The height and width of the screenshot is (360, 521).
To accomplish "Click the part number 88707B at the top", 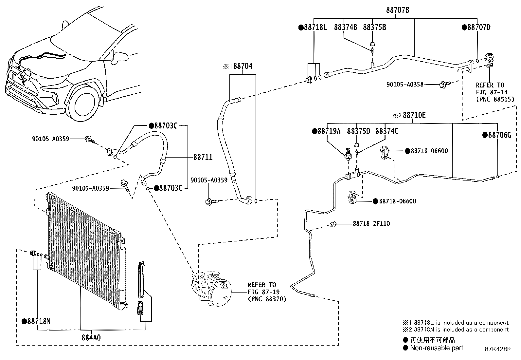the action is pos(398,10).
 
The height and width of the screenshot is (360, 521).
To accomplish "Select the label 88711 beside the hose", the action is pos(203,157).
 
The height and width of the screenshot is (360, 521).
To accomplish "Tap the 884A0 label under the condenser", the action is pos(91,337).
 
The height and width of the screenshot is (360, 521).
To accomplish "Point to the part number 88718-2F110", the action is pos(371,223).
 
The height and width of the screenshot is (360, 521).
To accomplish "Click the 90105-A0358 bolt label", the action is pos(405,84).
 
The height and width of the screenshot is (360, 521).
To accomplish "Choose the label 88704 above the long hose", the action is pos(243,66).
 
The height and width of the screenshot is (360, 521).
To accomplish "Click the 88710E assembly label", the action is pos(414,115).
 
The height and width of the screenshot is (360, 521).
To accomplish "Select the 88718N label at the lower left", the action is pos(39,321).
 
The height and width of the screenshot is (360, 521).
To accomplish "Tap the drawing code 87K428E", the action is pos(498,349).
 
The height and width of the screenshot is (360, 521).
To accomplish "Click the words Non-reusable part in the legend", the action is pos(437,348).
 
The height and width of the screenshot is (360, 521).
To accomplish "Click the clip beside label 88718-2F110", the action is pos(333,224).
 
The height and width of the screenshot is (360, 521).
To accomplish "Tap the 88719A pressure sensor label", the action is pos(329,131).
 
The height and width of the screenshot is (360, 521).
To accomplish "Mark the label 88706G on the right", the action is pos(500,135).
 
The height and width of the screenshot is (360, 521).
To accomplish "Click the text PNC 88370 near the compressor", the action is pos(267,299).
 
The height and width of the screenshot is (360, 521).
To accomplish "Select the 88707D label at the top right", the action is pos(479,27).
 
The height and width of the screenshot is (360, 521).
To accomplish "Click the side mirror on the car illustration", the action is pos(119,58).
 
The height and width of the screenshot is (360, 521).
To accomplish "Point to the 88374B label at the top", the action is pos(346,27).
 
